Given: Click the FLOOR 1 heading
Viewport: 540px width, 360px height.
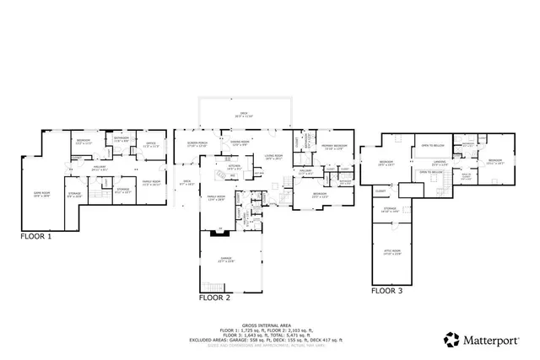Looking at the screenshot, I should coord(36,237).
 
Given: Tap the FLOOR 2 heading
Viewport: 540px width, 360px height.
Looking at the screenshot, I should coord(214,298).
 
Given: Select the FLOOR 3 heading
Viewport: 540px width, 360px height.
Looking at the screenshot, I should coord(387,291).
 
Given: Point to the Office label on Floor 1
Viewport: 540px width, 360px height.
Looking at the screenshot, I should coord(152,144).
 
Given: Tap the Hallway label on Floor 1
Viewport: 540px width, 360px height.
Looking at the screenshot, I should coord(100,168).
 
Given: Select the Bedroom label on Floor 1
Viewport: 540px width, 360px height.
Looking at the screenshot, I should coord(83,142).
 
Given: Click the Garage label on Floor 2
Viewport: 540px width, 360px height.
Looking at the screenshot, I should coord(225,259).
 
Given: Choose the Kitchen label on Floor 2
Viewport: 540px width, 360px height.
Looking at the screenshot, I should coord(235,166).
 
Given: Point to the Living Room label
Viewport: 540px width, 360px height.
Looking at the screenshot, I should coord(272,157).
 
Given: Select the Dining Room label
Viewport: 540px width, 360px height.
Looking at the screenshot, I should coord(240,142).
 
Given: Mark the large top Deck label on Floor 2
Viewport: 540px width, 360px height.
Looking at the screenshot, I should coord(244,115).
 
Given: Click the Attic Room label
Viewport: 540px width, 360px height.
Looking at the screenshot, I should coord(390,252).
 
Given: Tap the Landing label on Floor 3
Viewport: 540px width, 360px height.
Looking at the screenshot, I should coord(440,162).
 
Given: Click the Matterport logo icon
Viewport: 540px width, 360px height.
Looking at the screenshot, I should coord(451,340).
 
